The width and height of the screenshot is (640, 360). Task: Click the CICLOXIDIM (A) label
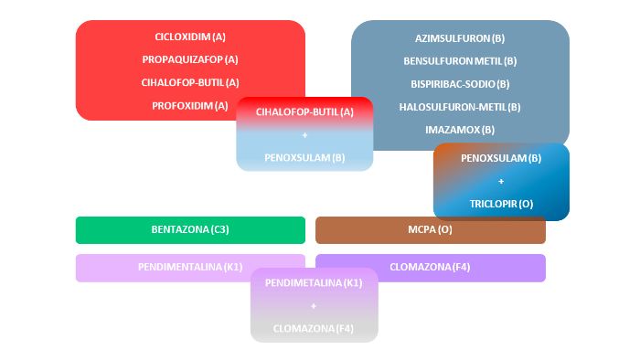pos(190,37)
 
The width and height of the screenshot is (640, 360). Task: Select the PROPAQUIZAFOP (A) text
pos(190,60)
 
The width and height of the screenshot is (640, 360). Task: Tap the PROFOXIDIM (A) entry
pos(190,106)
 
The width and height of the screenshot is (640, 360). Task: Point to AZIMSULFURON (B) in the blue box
pos(460,38)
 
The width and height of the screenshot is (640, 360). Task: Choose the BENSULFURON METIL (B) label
pos(460,61)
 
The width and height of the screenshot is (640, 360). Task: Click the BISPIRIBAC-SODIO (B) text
pos(460,84)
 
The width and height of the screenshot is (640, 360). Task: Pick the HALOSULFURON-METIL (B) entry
pos(460,107)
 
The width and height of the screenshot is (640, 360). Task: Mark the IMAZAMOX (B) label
pos(460,130)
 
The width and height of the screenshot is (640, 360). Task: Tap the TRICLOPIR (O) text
pos(501,204)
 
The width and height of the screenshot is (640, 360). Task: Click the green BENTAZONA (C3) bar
pos(190,230)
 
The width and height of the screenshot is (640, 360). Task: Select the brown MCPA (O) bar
pos(431,230)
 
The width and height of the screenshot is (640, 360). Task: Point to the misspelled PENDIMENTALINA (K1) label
pos(190,267)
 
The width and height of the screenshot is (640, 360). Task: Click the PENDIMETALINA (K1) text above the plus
pos(314,283)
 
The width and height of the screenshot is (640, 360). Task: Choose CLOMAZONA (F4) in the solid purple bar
pos(430,267)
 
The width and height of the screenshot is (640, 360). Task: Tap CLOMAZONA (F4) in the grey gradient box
pos(314,329)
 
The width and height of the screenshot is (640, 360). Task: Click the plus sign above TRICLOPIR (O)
pos(501,182)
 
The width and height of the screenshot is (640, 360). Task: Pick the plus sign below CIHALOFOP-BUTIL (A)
pos(304,135)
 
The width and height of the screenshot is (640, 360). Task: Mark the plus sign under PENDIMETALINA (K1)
pos(314,306)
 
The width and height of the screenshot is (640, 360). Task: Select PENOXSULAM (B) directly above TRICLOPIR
pos(501,158)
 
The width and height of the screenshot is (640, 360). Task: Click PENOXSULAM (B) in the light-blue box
pos(304,158)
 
